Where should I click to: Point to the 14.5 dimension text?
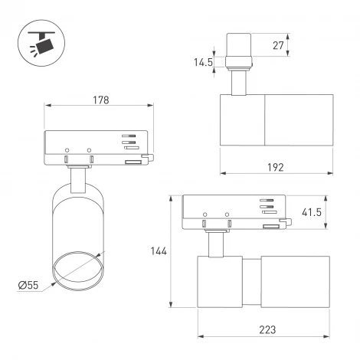[203, 63]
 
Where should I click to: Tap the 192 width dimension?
[277, 167]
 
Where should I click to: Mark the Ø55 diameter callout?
[28, 286]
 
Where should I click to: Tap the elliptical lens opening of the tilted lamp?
[77, 269]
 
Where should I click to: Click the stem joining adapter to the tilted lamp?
[78, 180]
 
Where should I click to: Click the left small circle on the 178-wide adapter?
[67, 149]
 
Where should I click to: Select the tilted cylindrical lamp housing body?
[77, 230]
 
